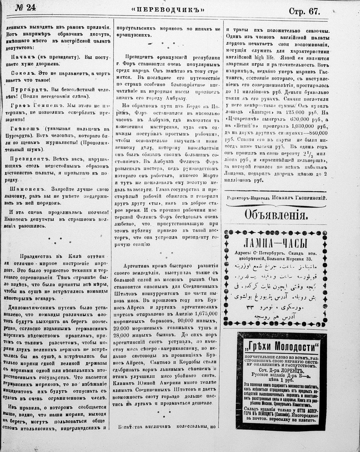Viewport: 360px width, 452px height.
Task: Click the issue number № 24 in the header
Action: [25, 8]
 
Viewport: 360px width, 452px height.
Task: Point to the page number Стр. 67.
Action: [304, 11]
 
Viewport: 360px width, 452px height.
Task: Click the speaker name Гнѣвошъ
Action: [25, 129]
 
